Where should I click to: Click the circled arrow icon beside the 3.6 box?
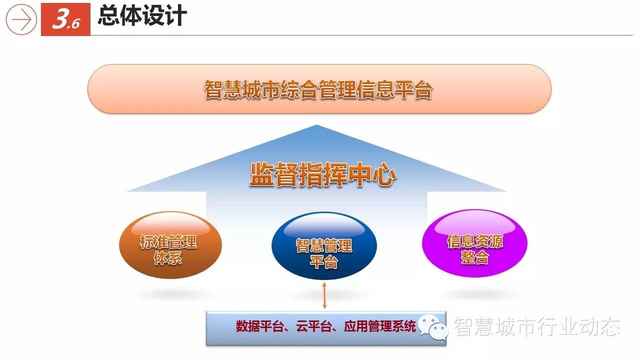point(21,19)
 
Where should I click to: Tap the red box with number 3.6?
point(65,19)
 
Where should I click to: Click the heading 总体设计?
point(142,16)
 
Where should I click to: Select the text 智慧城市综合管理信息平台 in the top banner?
point(318,89)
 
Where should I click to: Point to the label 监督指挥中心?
point(323,174)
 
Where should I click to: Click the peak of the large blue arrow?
point(316,125)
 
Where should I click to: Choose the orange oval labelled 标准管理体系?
point(170,245)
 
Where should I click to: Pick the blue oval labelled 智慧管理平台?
point(324,246)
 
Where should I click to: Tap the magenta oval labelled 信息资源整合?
point(474,243)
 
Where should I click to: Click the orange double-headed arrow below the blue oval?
point(324,295)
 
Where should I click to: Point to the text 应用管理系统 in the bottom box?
point(380,326)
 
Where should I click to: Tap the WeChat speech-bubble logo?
point(433,327)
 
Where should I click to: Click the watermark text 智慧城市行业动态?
point(537,326)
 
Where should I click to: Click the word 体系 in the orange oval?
point(167,258)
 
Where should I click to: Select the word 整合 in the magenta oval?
point(474,257)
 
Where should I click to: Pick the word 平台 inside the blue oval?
point(324,261)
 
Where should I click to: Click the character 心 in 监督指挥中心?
point(384,174)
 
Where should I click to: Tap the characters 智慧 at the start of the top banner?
point(223,89)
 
